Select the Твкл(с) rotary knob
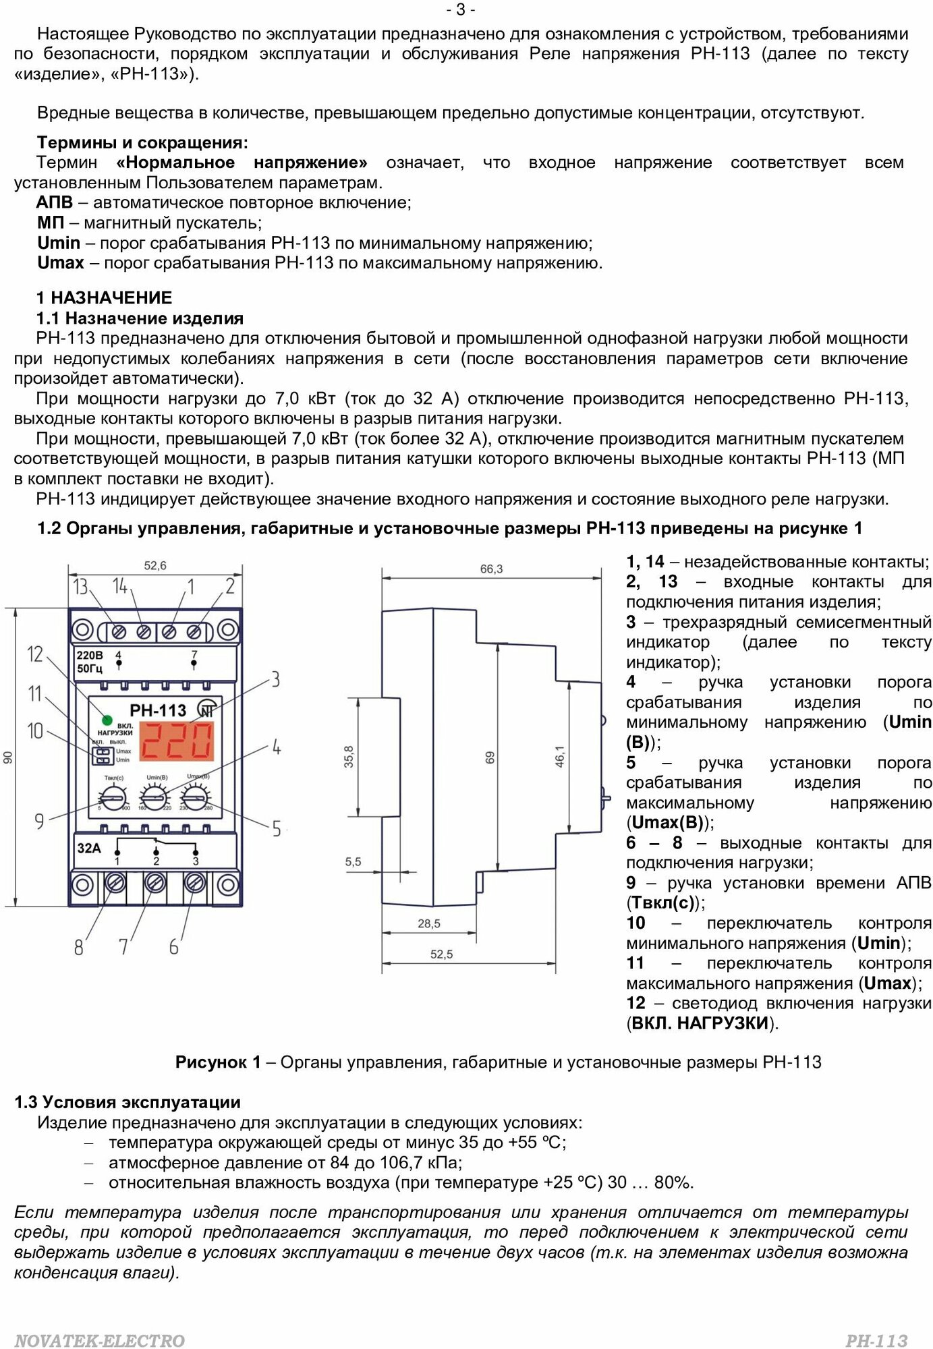point(115,800)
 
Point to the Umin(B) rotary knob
point(155,800)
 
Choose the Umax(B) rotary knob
point(196,800)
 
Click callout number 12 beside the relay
point(34,654)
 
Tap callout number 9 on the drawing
point(39,821)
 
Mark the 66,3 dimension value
point(491,569)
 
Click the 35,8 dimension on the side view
point(348,756)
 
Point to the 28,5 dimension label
point(429,923)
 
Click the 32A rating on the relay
point(88,848)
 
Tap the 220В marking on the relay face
point(90,655)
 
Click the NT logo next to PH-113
point(206,710)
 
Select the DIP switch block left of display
point(102,755)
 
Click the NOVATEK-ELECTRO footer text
point(99,1340)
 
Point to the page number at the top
point(461,9)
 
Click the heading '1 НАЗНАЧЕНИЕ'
point(105,297)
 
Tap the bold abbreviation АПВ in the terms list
point(54,202)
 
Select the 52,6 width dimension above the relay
point(154,566)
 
